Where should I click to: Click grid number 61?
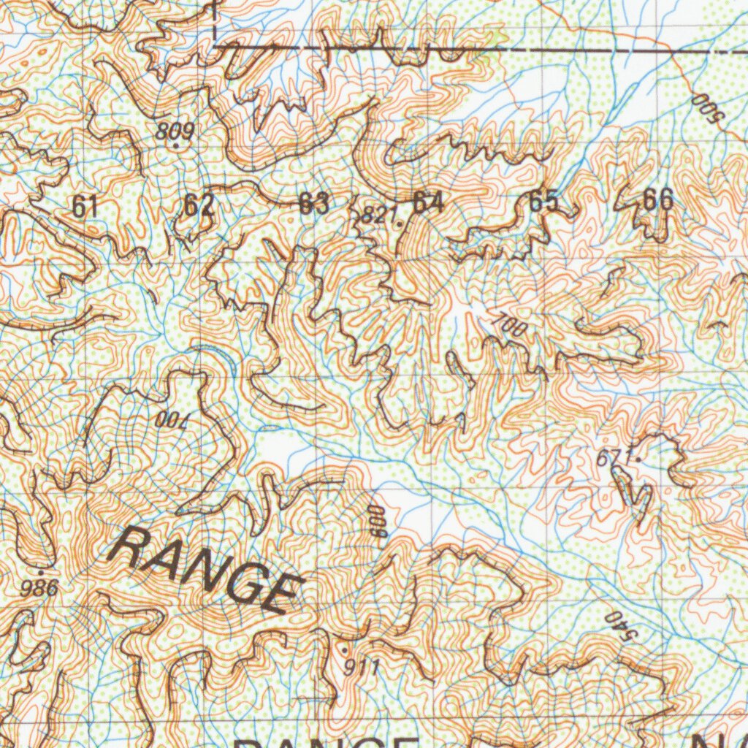click(85, 207)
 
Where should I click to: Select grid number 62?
click(198, 205)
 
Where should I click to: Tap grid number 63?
click(314, 204)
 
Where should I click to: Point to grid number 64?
click(428, 202)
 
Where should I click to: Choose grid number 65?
click(543, 201)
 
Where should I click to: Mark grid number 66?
click(658, 199)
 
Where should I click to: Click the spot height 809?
click(175, 132)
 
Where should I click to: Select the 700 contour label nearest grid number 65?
click(509, 324)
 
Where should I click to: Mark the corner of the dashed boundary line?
click(215, 45)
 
